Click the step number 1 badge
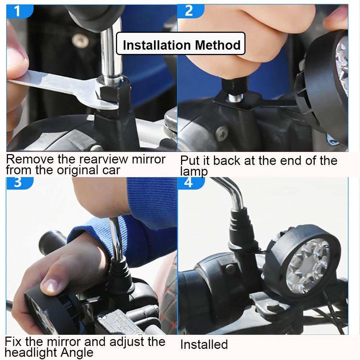pos(20,11)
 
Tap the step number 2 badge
pos(190,11)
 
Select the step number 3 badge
pos(20,183)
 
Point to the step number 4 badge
pos(190,183)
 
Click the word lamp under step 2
pos(194,171)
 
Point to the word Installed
pos(204,344)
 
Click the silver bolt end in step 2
pos(235,98)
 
